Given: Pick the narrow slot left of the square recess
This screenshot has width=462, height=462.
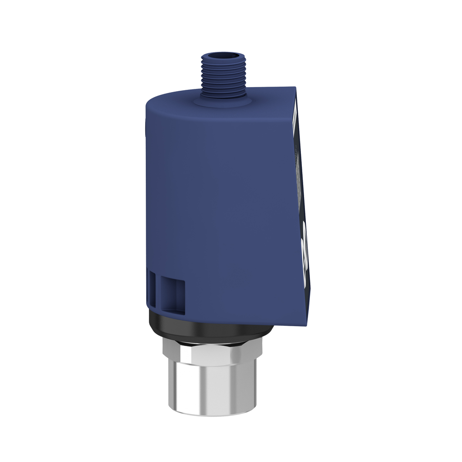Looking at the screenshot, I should coord(152,291).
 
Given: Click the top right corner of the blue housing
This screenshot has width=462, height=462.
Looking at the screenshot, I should coord(295,88).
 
